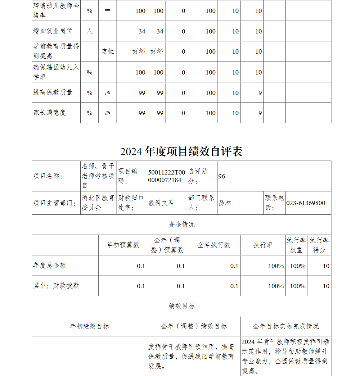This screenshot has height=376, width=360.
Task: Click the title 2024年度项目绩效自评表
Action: pos(181,151)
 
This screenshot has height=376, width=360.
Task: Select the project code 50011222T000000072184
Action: pos(167,176)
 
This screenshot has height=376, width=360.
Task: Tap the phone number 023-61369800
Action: pos(306,203)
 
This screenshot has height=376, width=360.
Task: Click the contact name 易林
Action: pos(225,203)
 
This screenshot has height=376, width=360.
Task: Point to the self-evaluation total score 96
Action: pos(222,176)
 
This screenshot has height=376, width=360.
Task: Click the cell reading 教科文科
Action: pos(161,203)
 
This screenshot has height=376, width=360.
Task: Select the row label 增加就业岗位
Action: pos(53,31)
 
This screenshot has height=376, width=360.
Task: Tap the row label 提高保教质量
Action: pos(53,92)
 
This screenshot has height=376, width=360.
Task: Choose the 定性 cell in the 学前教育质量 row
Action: pos(107,51)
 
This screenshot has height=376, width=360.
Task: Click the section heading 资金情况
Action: pos(181,225)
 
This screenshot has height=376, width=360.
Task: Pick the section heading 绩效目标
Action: pos(181,306)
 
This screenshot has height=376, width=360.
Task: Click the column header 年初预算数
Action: pos(123,245)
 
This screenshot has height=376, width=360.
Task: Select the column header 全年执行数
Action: pos(214,245)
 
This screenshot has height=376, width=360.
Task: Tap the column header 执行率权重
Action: pos(296,245)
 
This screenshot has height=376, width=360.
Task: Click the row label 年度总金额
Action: pos(49,266)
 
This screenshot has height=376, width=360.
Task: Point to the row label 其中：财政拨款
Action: pos(56,286)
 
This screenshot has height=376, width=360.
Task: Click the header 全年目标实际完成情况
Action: pos(286,326)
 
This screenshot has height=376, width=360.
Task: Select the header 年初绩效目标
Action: pos(89,326)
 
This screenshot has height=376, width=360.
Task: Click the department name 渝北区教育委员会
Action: pos(98,203)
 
